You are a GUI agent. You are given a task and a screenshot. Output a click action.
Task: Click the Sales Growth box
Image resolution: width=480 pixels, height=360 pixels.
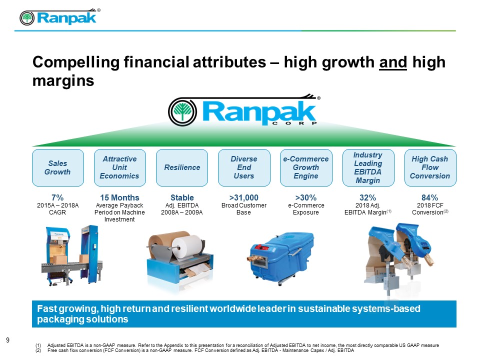tap(58, 168)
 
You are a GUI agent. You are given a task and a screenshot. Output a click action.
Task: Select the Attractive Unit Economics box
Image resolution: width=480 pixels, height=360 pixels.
tap(119, 168)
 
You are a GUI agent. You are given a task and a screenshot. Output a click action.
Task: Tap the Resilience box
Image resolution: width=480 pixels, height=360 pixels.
tap(182, 168)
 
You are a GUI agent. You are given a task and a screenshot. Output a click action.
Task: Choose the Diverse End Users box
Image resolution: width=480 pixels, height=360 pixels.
tap(244, 168)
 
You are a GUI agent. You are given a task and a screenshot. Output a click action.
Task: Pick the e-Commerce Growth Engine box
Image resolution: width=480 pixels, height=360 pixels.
tap(306, 168)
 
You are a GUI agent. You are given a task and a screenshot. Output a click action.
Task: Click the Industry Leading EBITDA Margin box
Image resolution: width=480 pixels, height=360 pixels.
tap(368, 168)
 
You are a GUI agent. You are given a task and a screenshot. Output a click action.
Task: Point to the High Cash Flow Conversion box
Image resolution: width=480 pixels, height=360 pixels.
tap(430, 168)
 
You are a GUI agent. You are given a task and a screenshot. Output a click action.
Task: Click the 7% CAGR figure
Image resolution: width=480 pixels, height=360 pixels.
tap(57, 198)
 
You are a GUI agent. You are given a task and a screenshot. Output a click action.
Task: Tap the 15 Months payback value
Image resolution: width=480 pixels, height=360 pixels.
tap(119, 198)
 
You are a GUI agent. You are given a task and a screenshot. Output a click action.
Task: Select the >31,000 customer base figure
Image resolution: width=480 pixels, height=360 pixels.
tap(244, 198)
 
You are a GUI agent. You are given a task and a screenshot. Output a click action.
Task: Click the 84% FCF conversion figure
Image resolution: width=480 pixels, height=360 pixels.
tap(430, 198)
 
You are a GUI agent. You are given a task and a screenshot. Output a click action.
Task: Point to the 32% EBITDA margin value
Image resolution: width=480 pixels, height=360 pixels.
tap(367, 198)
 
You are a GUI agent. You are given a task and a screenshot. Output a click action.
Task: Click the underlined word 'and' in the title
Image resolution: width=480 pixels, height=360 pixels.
tap(393, 62)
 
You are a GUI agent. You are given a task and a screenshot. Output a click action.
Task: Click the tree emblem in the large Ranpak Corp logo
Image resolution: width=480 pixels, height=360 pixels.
tap(183, 111)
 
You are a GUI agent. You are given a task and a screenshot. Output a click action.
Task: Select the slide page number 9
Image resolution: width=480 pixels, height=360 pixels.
tap(7, 340)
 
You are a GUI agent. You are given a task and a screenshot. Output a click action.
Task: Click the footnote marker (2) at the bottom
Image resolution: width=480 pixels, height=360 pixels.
tap(38, 350)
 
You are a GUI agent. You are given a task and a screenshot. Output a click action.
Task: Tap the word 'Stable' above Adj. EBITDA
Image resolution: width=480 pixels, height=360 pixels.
tap(182, 198)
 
